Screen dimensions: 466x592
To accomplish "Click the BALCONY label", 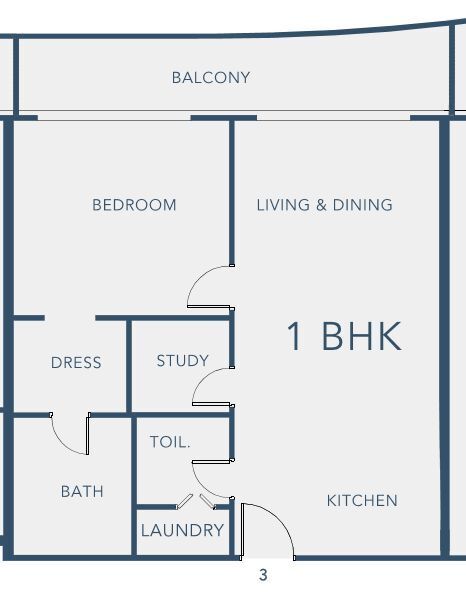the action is coord(211,78).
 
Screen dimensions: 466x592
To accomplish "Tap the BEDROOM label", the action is coord(134,205).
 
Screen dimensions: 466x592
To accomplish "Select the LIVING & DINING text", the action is coord(324,205).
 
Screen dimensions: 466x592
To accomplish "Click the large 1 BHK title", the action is coord(344,336).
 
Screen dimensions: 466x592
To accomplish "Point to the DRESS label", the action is coord(76,362).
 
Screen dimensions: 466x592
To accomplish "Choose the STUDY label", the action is coord(183,361).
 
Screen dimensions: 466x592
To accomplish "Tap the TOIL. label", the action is coord(170,442).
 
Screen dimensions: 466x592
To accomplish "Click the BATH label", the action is coord(82,492).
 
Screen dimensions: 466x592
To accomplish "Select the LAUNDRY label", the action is coord(182,530).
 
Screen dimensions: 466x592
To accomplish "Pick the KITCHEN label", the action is coord(362,501).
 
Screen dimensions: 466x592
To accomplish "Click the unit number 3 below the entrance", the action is coord(263,575).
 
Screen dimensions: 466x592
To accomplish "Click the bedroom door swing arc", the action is coord(198,278).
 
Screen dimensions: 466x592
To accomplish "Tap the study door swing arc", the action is coord(202,378).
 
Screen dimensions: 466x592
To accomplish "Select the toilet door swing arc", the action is coord(202,487).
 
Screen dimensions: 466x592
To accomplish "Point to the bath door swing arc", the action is coord(61,442).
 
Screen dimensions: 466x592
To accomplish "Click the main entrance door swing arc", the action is coord(281,518).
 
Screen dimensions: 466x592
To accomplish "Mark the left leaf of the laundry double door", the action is coord(185,501).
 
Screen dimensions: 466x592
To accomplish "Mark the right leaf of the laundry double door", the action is coord(207,501).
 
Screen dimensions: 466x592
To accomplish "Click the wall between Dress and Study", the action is coord(129,366).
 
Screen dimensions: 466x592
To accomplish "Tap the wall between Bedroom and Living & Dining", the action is coord(232,193).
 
